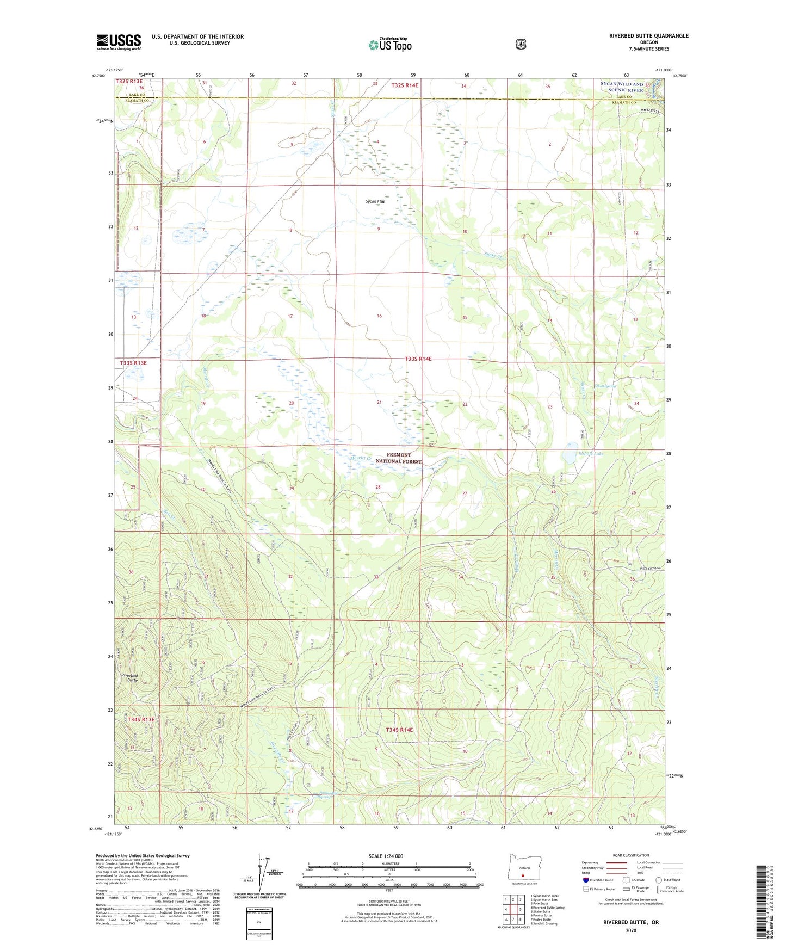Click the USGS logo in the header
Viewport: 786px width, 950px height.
[119, 42]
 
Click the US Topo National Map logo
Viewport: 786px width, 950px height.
[389, 44]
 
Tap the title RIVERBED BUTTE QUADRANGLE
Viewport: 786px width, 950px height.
[648, 36]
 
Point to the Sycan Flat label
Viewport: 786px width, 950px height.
[375, 202]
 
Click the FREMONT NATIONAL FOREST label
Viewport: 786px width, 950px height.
[399, 458]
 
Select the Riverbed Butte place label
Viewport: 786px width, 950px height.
[129, 678]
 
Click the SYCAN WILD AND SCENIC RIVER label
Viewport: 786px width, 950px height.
[622, 87]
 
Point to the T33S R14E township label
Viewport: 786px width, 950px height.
[418, 359]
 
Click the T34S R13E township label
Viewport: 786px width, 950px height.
[141, 720]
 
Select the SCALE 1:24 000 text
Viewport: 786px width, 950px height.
[386, 856]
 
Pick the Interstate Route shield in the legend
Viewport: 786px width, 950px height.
[585, 879]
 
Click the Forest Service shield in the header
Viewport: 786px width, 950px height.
[521, 44]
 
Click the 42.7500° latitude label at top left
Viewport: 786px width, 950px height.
[96, 76]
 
